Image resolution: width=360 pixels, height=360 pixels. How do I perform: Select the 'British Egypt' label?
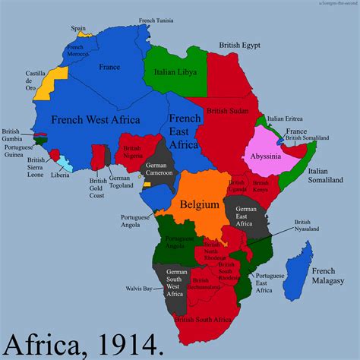[x=241, y=46]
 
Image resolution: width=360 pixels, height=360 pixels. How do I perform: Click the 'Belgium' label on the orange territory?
[x=200, y=204]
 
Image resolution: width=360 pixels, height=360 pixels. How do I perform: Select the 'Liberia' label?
[x=61, y=176]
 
